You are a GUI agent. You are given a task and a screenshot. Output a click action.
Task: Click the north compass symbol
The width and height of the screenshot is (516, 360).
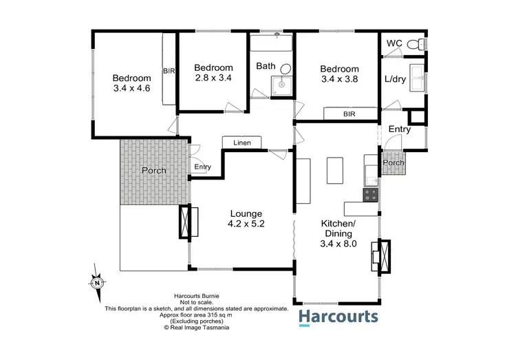coord(97,282)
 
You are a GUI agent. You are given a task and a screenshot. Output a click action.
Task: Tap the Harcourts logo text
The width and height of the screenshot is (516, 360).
coord(338,317)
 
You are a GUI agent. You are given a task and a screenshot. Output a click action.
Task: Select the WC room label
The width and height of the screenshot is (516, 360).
coord(394,43)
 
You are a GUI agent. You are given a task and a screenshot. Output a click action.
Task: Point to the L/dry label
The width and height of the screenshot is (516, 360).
coord(395,79)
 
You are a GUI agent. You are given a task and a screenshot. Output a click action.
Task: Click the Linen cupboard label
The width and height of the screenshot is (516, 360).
coord(242,142)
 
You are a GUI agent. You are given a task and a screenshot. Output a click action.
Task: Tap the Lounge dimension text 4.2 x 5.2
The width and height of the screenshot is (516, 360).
coord(246,224)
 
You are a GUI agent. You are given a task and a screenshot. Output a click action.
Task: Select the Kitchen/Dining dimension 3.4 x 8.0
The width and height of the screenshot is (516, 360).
coord(338,243)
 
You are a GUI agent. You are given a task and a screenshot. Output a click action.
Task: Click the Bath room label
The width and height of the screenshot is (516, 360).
coord(266,66)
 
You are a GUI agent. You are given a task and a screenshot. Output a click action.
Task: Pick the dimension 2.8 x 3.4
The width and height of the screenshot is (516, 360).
coord(213,78)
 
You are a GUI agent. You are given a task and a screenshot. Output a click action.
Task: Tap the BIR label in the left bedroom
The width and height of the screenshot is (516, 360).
coord(169,70)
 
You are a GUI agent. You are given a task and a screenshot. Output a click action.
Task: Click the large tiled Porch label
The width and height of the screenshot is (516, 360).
coord(154,170)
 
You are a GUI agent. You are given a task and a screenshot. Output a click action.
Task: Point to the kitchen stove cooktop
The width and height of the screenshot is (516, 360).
coord(370,195)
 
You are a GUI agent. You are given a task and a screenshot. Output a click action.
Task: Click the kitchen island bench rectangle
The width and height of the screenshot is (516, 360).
coord(335,171)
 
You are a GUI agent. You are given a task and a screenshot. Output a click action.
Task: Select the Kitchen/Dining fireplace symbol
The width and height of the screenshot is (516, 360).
coord(380,256)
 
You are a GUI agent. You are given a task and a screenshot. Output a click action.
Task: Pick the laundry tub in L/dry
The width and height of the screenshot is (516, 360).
coord(417,75)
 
